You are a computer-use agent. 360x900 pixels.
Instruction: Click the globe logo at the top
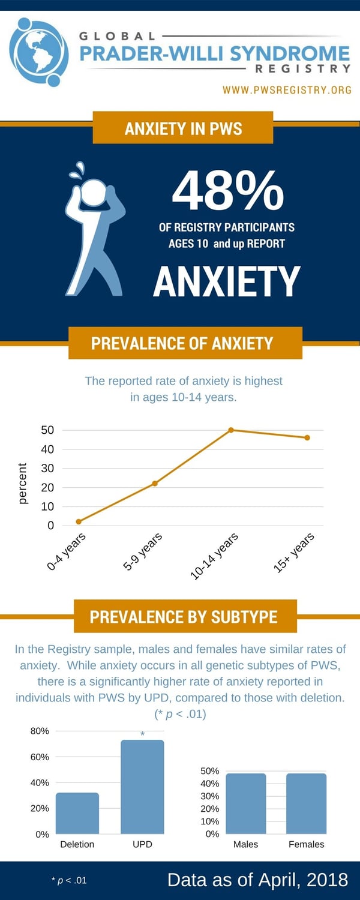[x=38, y=52]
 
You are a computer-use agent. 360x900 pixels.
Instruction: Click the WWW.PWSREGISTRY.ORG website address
[x=287, y=89]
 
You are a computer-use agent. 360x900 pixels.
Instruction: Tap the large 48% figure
[x=228, y=190]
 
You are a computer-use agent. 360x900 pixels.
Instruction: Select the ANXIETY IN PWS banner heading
[x=183, y=128]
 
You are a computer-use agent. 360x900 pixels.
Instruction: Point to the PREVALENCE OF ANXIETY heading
[x=182, y=343]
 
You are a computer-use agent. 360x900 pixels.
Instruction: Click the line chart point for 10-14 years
[x=231, y=430]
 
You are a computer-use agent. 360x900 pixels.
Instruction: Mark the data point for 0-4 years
[x=79, y=521]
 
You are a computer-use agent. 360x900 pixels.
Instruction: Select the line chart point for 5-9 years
[x=155, y=484]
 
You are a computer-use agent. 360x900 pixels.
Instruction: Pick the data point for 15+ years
[x=307, y=437]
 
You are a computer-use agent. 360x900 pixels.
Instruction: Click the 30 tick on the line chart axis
[x=47, y=468]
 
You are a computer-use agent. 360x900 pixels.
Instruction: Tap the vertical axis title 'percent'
[x=23, y=484]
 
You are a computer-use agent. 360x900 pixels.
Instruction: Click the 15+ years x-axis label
[x=294, y=553]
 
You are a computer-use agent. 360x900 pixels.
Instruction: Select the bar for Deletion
[x=77, y=813]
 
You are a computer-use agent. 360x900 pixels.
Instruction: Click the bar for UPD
[x=142, y=787]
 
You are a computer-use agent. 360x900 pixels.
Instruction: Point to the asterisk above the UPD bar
[x=142, y=734]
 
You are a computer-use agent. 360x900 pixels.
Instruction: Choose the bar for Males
[x=246, y=803]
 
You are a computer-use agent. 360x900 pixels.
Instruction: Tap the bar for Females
[x=306, y=803]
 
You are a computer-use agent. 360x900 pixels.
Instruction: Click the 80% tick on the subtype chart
[x=40, y=731]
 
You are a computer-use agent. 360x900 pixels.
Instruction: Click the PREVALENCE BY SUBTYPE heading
[x=183, y=617]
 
